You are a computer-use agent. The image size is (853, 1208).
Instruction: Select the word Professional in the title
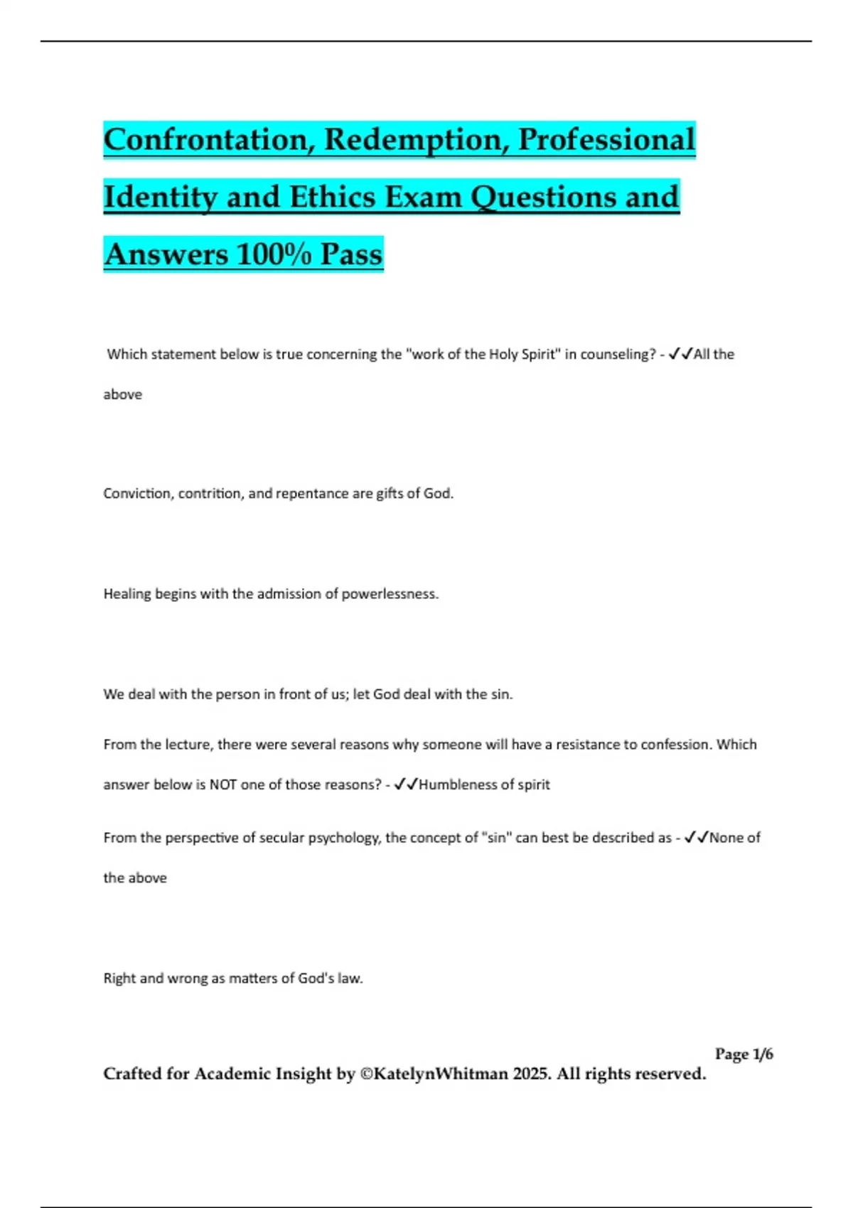coord(606,140)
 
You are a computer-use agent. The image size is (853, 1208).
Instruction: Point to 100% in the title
coord(273,254)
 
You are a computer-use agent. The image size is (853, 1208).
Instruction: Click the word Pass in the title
coord(351,254)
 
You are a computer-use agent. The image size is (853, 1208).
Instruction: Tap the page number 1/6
coord(763,1054)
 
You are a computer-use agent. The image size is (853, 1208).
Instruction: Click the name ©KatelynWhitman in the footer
coord(434,1074)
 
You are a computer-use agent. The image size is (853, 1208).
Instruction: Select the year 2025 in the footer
coord(530,1074)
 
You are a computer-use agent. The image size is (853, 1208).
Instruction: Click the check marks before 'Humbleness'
coord(406,784)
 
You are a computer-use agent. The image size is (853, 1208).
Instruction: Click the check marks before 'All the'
coord(681,354)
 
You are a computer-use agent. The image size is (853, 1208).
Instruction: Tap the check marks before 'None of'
coord(697,838)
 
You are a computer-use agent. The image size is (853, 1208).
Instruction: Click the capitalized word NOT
coord(223,784)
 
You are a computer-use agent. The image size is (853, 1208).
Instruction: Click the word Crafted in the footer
coord(132,1074)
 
